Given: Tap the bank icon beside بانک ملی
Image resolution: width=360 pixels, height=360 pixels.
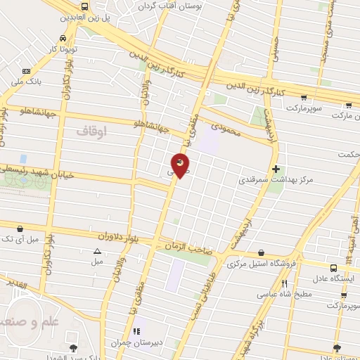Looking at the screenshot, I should click(x=27, y=71).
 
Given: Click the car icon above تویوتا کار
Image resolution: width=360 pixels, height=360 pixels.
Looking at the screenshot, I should click(x=64, y=38).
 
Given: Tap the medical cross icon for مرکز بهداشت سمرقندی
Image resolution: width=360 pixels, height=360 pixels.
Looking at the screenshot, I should click(x=276, y=169).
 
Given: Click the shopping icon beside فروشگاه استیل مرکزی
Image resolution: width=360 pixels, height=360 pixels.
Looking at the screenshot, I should click(x=262, y=253).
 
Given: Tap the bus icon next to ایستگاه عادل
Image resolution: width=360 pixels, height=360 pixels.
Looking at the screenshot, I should click(x=333, y=268).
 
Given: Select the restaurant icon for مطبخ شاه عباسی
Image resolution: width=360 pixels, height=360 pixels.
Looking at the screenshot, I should click(x=285, y=284).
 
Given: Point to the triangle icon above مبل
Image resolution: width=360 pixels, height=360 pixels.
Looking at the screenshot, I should click(x=97, y=251).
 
